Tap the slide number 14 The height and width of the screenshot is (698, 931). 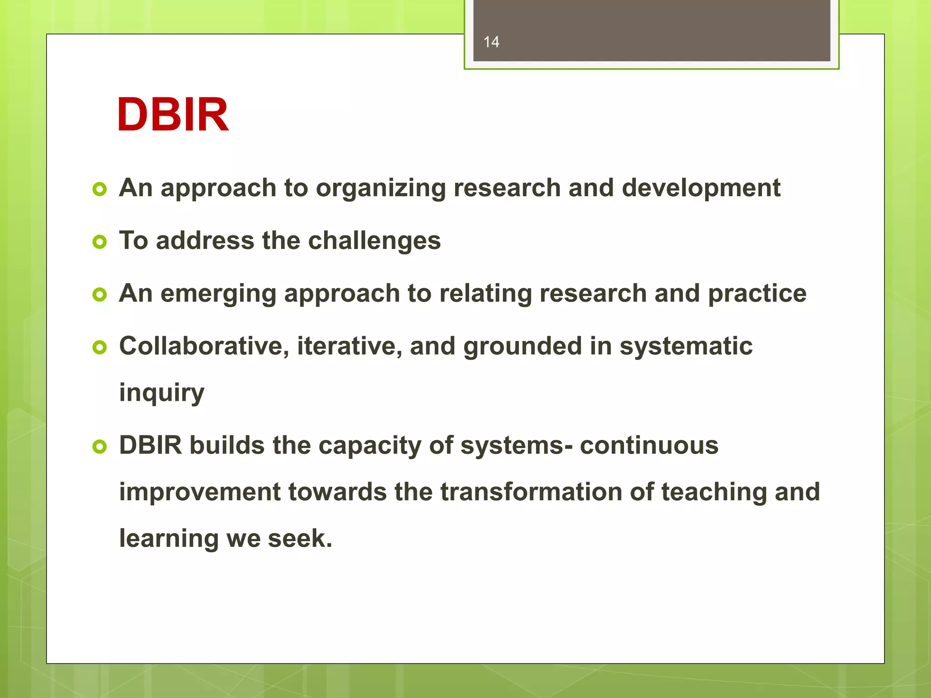coord(491,42)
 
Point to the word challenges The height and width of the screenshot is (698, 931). coord(374,241)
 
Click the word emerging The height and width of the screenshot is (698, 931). coord(218,294)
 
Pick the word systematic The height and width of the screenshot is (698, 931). coord(686,346)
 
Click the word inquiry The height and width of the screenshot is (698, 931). coord(161,393)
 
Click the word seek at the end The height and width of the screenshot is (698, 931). coord(300,539)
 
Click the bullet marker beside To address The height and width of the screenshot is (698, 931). coord(99,242)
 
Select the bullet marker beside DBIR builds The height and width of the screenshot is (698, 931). coord(99,446)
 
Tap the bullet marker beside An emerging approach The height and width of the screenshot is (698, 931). coord(99,294)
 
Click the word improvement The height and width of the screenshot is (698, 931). coord(200,492)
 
